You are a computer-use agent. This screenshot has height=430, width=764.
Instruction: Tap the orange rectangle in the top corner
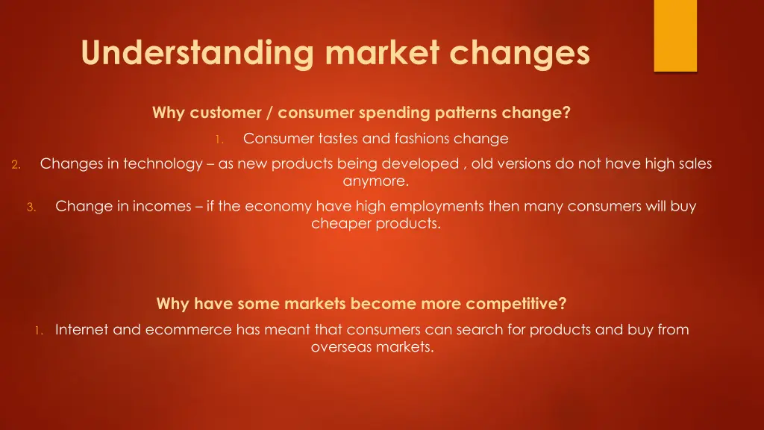[x=675, y=35]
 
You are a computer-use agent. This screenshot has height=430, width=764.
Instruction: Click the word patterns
[x=460, y=113]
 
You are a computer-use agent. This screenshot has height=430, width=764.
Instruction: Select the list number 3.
[x=31, y=208]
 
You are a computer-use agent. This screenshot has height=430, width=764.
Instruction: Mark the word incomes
[x=162, y=207]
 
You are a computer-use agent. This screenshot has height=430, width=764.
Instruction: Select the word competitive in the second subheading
[x=516, y=305]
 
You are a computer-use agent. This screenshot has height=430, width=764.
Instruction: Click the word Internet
[x=81, y=330]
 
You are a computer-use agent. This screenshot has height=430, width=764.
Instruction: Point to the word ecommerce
[x=188, y=330]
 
